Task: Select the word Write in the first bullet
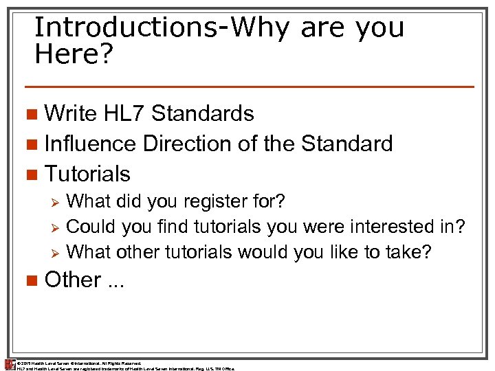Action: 70,113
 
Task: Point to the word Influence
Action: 91,144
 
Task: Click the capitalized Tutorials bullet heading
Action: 87,174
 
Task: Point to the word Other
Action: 72,280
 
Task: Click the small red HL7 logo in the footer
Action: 9,365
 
